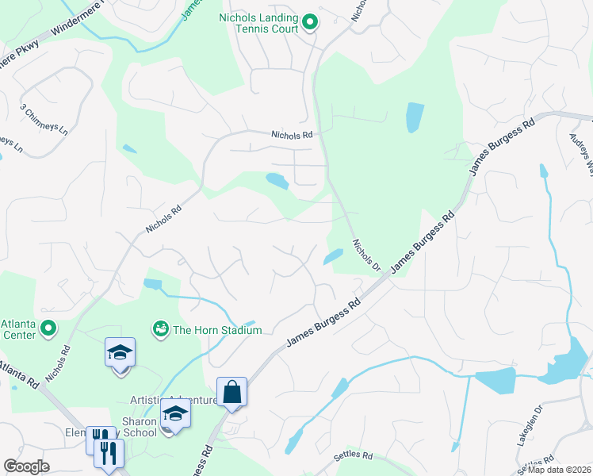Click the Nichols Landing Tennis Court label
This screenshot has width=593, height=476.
click(x=258, y=23)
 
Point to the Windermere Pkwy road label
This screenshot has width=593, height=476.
click(x=78, y=34)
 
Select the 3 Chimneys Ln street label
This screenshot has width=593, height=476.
click(x=44, y=117)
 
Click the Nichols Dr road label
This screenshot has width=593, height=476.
click(x=366, y=254)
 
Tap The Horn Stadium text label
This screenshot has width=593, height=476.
click(x=217, y=329)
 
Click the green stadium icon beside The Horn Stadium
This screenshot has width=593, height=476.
click(x=161, y=328)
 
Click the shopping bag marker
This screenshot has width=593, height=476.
click(x=231, y=392)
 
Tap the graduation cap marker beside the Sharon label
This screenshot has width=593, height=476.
click(x=176, y=413)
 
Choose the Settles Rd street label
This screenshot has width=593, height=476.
click(x=354, y=455)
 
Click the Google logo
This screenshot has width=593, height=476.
click(x=26, y=466)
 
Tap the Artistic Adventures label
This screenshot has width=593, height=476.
click(x=173, y=400)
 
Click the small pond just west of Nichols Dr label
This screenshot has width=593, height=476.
click(x=333, y=257)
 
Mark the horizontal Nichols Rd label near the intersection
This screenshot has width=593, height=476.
click(x=292, y=136)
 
